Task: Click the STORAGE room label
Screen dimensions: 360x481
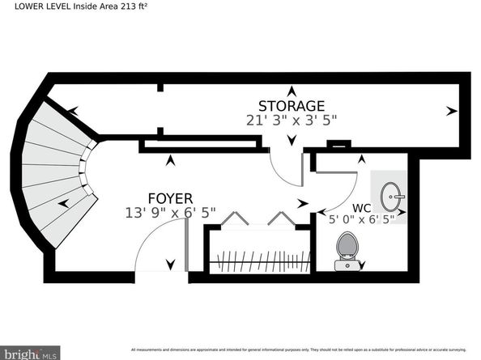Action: [292, 106]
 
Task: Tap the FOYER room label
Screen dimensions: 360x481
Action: [170, 198]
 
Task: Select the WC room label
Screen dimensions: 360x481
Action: [362, 207]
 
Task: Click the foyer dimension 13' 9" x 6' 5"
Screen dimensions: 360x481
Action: [171, 214]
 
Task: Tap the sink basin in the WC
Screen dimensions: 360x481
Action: [393, 195]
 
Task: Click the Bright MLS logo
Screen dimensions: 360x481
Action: [30, 353]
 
